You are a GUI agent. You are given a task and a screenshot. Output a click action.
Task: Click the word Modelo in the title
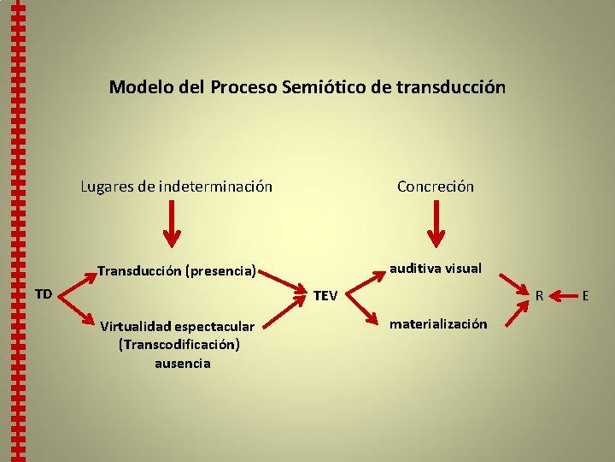[x=137, y=87]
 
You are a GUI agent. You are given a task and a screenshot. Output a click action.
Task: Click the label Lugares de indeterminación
[x=177, y=186]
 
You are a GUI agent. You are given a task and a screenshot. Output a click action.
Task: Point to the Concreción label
[x=435, y=186]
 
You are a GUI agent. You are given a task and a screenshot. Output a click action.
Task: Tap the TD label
[x=44, y=294]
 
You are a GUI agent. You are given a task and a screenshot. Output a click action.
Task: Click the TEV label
[x=325, y=296]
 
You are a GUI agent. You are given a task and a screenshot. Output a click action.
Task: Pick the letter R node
[x=540, y=296]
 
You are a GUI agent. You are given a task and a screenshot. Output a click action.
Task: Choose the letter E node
[x=586, y=296]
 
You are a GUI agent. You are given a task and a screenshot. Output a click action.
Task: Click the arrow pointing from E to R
[x=563, y=296]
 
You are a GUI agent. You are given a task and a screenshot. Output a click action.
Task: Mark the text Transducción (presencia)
[x=177, y=271]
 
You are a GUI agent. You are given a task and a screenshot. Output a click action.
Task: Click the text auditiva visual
[x=436, y=268]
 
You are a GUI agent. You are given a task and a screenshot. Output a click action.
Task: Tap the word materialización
[x=439, y=323]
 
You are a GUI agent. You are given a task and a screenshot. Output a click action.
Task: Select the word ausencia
[x=183, y=363]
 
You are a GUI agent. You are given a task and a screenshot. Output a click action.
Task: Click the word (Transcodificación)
[x=180, y=344]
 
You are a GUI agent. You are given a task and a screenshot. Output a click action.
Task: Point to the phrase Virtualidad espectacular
[x=177, y=326]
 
